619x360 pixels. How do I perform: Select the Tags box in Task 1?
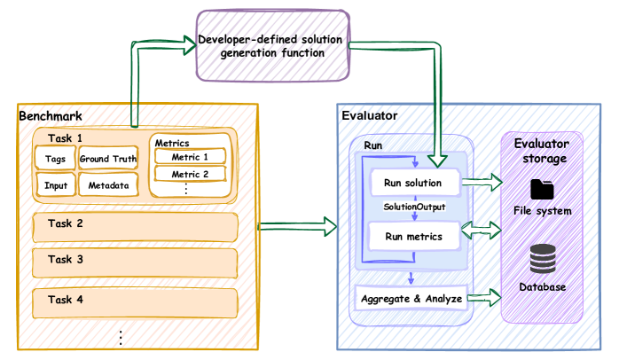click(x=54, y=160)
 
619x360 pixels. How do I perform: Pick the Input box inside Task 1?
click(x=55, y=185)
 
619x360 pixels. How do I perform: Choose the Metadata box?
click(x=109, y=185)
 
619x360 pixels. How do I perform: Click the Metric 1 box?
click(x=190, y=157)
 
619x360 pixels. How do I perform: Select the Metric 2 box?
click(x=190, y=174)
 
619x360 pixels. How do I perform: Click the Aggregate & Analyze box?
click(x=411, y=298)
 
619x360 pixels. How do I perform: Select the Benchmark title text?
click(x=52, y=116)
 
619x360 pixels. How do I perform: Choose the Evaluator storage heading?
click(x=544, y=152)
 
